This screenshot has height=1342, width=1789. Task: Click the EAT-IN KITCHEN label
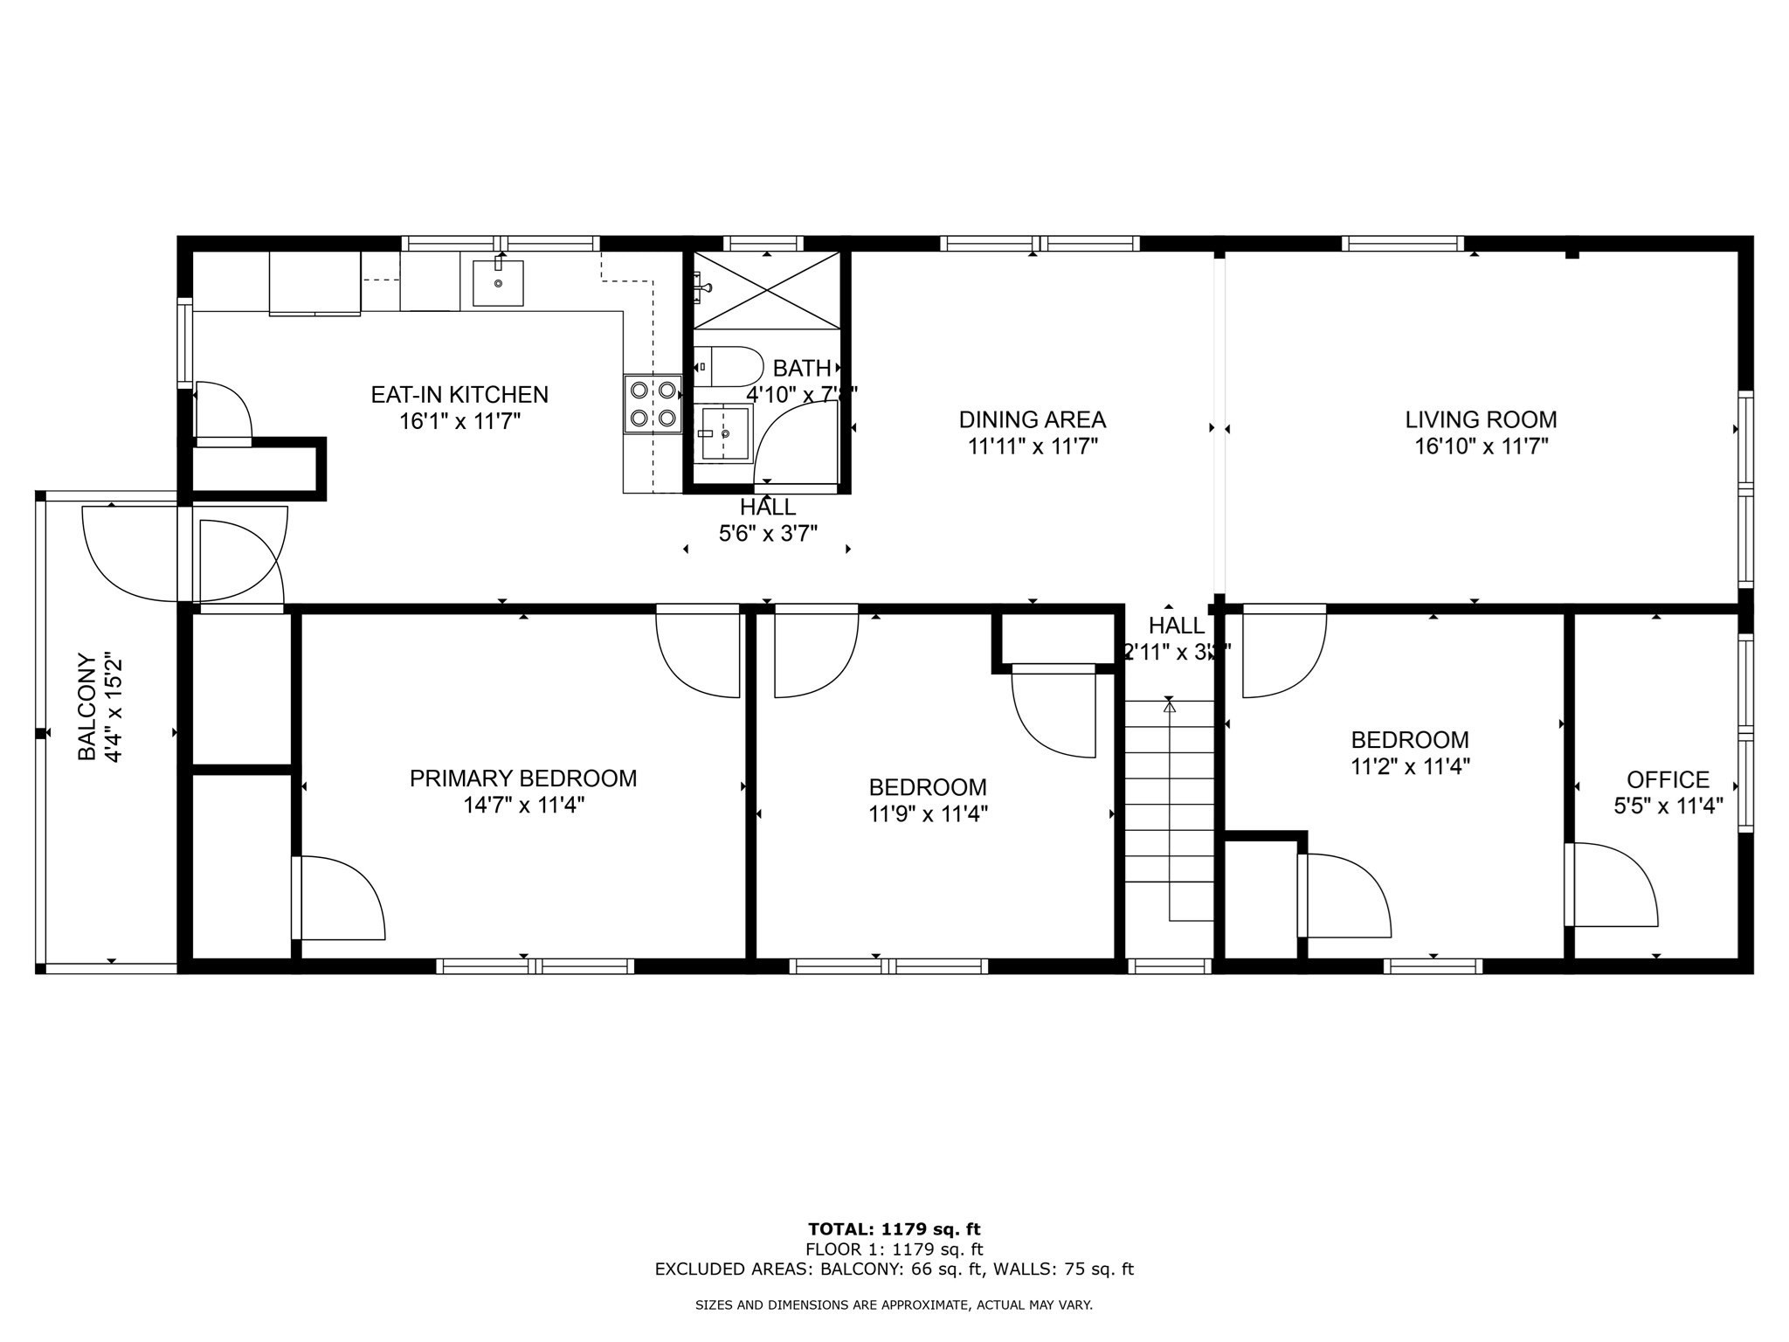(x=459, y=395)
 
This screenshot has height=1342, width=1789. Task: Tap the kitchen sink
(x=498, y=283)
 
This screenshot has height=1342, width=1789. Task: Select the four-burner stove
(x=653, y=404)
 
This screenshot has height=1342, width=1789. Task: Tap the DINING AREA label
(x=1033, y=420)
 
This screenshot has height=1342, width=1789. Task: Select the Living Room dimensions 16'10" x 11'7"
(x=1481, y=447)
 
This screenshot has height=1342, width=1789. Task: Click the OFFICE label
(x=1668, y=779)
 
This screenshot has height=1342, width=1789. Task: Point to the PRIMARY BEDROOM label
(x=523, y=778)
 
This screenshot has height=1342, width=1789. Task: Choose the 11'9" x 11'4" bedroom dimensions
(x=928, y=814)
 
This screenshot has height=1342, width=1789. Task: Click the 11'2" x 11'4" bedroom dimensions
(x=1410, y=767)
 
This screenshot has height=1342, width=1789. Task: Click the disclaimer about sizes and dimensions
(x=894, y=1305)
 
